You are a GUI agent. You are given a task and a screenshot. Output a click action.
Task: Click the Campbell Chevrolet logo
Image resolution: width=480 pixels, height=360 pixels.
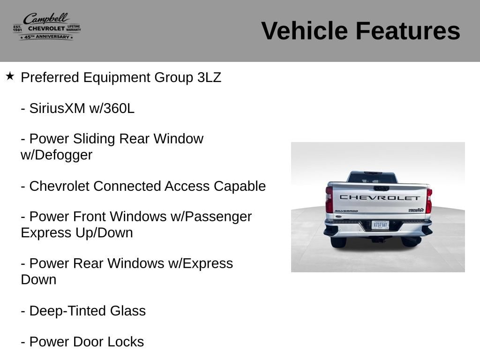point(47,27)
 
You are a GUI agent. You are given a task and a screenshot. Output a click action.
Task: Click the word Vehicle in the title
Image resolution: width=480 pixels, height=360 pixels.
point(304,31)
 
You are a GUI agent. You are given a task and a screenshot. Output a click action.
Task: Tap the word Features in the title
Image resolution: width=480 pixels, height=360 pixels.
point(408,31)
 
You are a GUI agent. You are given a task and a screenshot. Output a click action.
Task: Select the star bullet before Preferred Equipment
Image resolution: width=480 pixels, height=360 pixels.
point(10,76)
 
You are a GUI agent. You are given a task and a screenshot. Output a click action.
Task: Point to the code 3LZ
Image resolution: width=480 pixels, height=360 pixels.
point(209,77)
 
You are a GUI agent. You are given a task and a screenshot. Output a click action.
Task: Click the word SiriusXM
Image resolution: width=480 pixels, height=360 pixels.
point(57,108)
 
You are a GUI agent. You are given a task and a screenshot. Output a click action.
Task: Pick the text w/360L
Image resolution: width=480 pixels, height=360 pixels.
point(112,108)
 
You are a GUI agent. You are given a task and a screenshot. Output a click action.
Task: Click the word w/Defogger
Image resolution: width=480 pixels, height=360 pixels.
point(57,155)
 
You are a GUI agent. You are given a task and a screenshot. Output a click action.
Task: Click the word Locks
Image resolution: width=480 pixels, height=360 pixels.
point(126,342)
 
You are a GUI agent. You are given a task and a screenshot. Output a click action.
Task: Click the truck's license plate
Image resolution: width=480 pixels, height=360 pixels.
point(380,225)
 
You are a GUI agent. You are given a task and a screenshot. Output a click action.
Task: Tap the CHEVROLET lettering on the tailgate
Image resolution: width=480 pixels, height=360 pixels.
point(380,198)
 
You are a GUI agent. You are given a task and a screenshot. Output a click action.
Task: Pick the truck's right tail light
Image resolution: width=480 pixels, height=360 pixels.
point(429,201)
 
